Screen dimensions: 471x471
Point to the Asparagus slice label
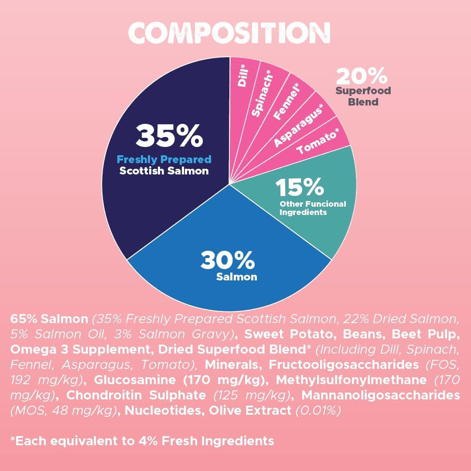pos(299,126)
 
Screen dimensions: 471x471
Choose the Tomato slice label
pos(318,141)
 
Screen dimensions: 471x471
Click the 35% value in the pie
pos(169,136)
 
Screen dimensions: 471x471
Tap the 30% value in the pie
pos(227,260)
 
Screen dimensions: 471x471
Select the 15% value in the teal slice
pos(300,187)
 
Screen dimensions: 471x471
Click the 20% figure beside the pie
pos(362,76)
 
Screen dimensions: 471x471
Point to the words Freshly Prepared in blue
pos(164,160)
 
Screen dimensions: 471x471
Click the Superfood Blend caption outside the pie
pos(363,96)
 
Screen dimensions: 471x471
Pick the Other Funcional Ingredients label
pos(313,208)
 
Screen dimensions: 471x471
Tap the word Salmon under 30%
pos(237,276)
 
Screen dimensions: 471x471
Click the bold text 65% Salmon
pos(49,319)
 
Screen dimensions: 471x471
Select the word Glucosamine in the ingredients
pos(135,380)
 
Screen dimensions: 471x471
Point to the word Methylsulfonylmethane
pos(351,380)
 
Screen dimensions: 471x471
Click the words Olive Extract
pos(250,410)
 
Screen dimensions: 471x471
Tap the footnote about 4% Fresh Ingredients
pos(142,441)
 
